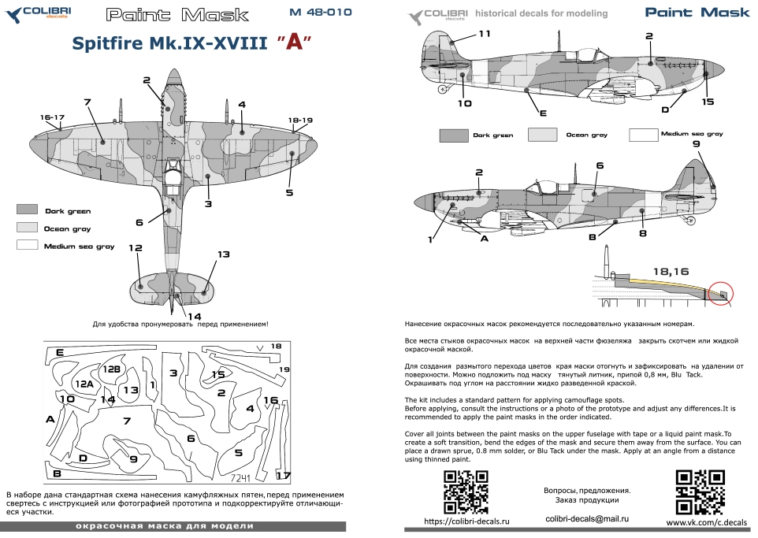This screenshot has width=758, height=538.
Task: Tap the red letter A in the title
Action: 293,43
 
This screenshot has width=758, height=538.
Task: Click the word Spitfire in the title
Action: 113,44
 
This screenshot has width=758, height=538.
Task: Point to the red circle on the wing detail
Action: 720,294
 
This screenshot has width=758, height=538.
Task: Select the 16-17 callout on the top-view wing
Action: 52,117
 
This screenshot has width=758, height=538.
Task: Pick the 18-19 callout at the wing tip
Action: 300,121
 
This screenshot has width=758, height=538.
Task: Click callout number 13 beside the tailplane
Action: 223,254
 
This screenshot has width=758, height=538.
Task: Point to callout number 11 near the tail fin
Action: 484,33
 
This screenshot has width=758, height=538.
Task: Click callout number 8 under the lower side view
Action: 642,233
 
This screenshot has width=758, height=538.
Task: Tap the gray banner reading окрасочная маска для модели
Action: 173,525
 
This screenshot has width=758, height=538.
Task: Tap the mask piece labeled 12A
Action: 85,383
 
